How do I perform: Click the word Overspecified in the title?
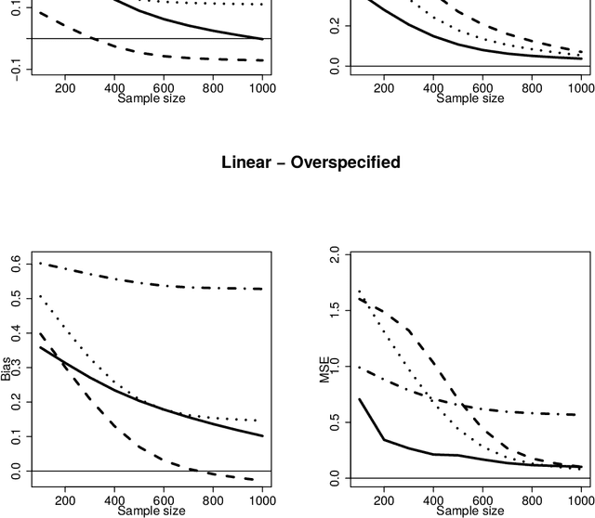[x=346, y=162]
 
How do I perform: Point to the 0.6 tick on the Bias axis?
[x=16, y=265]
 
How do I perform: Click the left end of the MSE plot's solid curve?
[x=359, y=399]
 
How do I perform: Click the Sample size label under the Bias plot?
[x=151, y=510]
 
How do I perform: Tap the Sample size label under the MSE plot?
[x=469, y=510]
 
